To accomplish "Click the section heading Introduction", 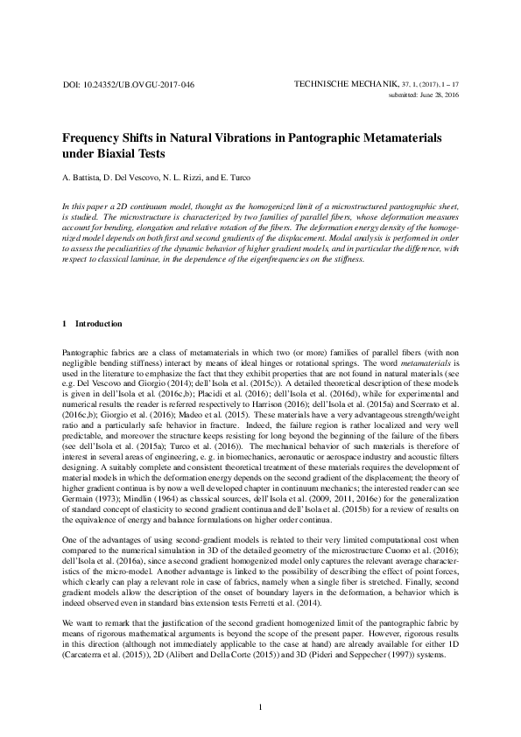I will (x=99, y=324).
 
